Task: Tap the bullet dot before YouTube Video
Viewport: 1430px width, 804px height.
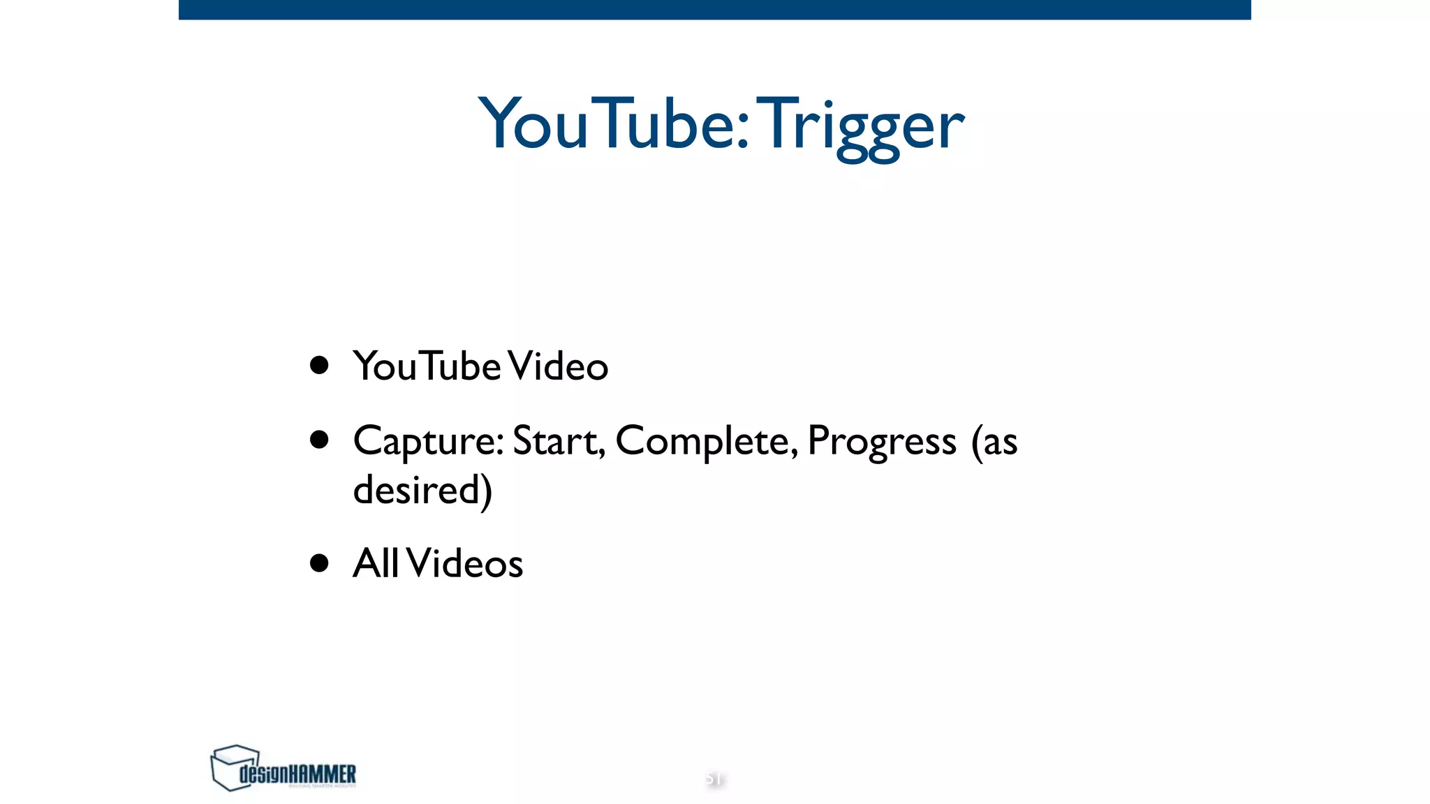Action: [x=319, y=365]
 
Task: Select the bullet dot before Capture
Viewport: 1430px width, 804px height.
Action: [x=319, y=440]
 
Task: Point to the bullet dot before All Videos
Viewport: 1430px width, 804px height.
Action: [x=319, y=563]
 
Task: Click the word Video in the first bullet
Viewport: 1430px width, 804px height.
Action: [x=558, y=366]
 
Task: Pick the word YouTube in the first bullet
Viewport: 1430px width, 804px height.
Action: [x=427, y=366]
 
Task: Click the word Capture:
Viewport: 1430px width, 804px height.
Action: [x=428, y=442]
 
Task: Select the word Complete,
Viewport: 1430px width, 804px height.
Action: [x=706, y=442]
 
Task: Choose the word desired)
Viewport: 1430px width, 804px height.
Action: [x=422, y=490]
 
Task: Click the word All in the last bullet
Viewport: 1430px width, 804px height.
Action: [x=376, y=563]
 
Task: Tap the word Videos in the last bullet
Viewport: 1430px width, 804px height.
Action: [x=465, y=563]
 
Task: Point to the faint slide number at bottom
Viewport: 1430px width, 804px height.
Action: [x=714, y=778]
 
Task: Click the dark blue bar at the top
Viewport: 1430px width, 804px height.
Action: [x=714, y=9]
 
